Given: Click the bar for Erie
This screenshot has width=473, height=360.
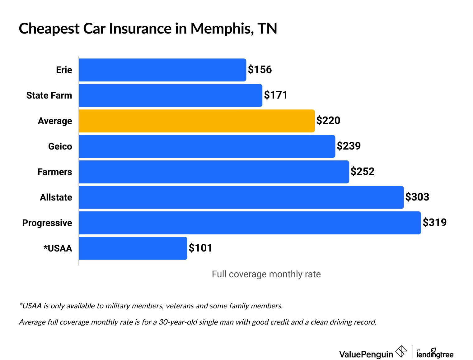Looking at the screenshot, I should click(162, 70).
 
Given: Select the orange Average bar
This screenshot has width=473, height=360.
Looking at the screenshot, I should click(197, 121).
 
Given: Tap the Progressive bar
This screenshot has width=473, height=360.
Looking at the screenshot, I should click(250, 223).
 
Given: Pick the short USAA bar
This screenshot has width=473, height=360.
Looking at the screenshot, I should click(133, 248).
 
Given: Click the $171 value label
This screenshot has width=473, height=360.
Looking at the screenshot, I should click(276, 95).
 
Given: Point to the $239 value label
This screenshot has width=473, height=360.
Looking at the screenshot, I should click(349, 146).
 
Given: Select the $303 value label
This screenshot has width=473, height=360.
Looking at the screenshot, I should click(417, 197).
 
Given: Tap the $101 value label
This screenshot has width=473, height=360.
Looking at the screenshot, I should click(200, 248).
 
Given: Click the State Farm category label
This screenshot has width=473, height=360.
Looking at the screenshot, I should click(49, 95).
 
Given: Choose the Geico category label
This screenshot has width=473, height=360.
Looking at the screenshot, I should click(60, 146).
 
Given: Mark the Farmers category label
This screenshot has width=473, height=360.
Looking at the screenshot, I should click(55, 172).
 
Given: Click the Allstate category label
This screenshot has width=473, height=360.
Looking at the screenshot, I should click(56, 197).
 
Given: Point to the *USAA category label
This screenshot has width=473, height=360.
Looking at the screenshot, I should click(58, 248).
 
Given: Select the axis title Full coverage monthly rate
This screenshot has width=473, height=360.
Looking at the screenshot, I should click(266, 274).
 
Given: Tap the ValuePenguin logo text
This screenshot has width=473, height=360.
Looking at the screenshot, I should click(366, 354).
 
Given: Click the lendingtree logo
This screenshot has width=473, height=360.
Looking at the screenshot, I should click(435, 353).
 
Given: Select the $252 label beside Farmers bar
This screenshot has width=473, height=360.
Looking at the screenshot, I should click(362, 172).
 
